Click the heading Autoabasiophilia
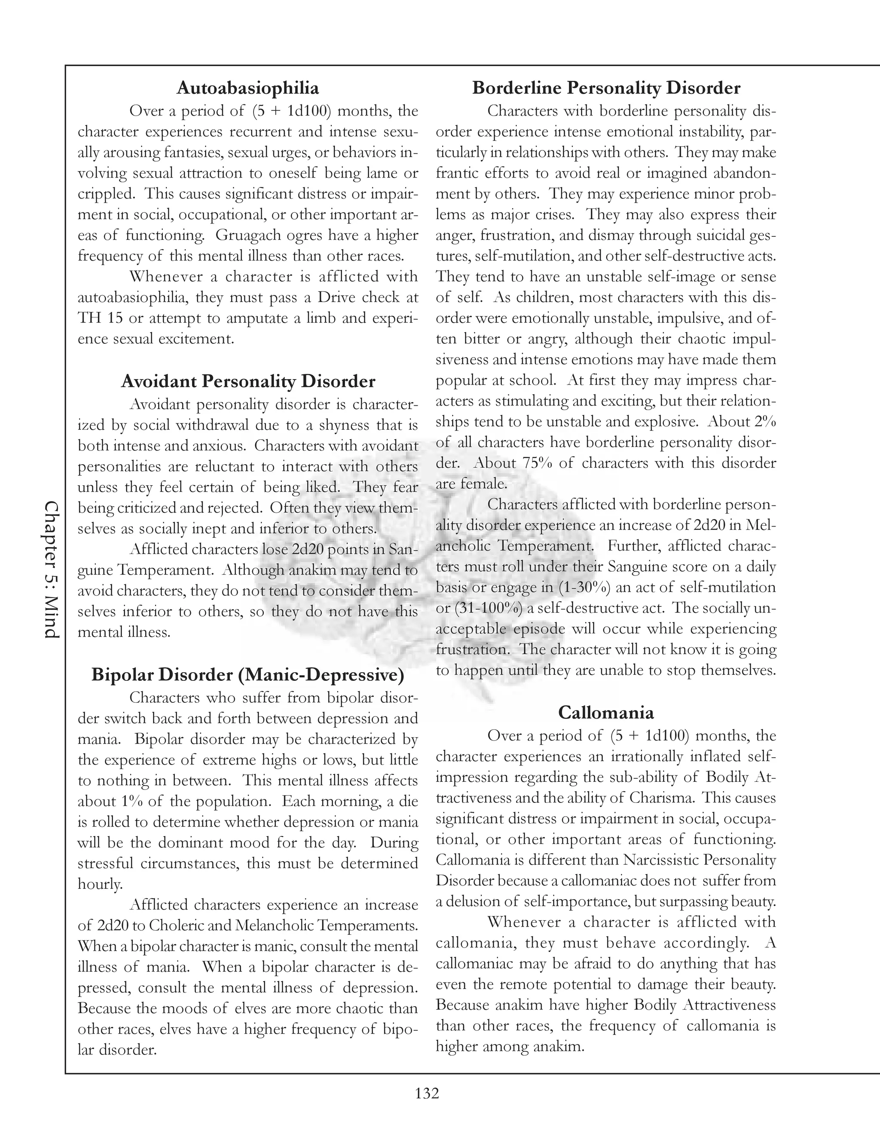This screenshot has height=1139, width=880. click(x=247, y=88)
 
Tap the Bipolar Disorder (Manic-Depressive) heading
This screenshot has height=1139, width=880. click(x=247, y=675)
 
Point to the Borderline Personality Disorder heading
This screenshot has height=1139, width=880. click(x=606, y=88)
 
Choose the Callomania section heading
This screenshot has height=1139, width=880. click(x=606, y=712)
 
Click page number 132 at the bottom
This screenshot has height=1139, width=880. click(x=427, y=1093)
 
